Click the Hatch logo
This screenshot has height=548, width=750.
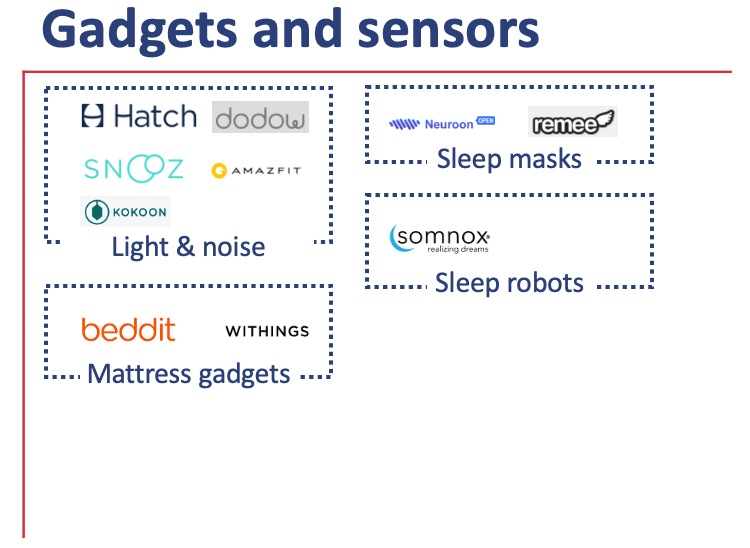139,116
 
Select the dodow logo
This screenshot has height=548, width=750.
260,117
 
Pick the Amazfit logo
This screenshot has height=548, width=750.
256,171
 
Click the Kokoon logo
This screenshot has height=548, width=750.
126,212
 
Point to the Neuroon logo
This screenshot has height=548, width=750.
442,124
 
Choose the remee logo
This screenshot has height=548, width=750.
572,123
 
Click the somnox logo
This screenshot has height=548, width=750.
440,238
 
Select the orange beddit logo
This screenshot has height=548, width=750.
128,330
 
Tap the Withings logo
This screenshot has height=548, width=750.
267,331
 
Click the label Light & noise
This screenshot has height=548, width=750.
188,247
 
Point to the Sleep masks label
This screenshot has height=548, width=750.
509,159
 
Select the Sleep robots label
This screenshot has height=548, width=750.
509,283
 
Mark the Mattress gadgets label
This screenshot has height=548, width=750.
189,375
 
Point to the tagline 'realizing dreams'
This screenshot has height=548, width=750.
457,250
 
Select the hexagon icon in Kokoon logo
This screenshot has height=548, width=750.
98,212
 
